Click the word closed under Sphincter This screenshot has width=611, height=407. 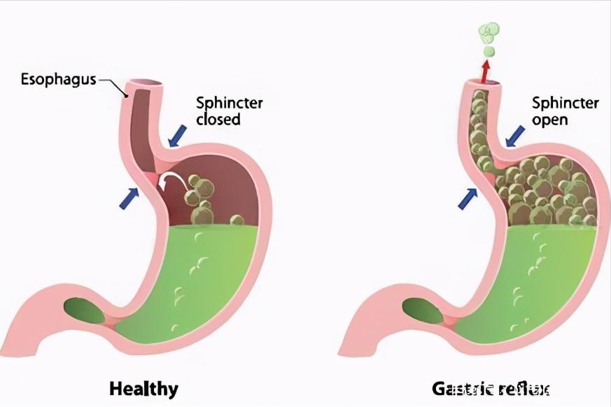point(218,119)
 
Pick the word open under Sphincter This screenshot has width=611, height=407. point(550,119)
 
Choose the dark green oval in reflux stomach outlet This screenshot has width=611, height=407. point(422,308)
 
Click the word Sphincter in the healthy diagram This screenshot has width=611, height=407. point(229,103)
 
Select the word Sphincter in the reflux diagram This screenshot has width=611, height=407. point(565,103)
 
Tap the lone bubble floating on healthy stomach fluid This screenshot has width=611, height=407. point(237,221)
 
